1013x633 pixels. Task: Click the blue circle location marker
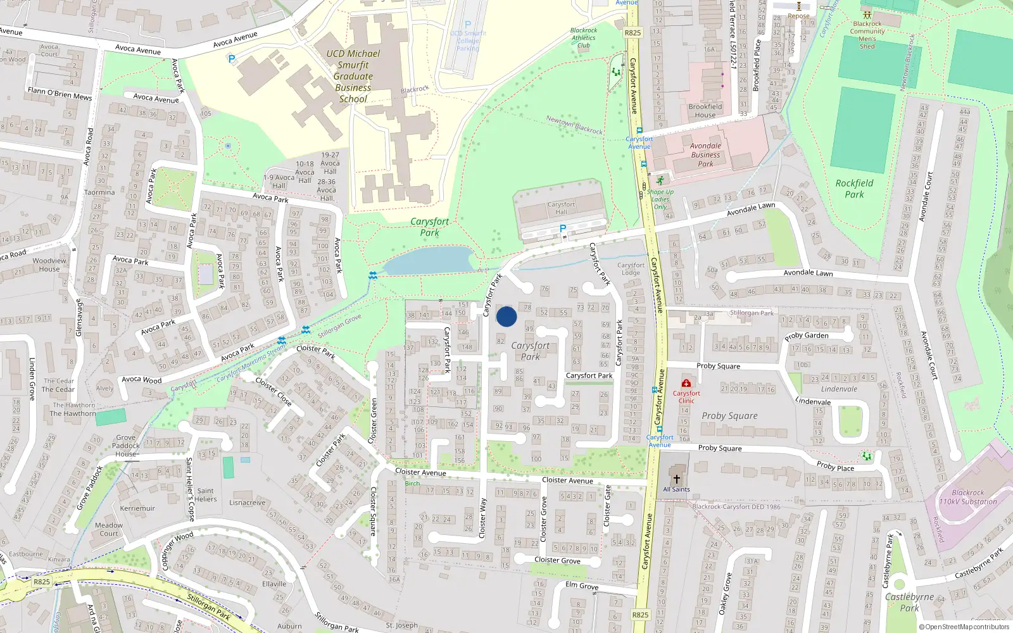pyautogui.click(x=507, y=316)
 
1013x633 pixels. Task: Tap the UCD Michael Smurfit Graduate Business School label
pyautogui.click(x=353, y=76)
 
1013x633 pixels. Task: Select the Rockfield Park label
pyautogui.click(x=854, y=189)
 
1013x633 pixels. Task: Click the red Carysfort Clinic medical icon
pyautogui.click(x=686, y=383)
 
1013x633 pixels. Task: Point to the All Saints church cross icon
pyautogui.click(x=676, y=479)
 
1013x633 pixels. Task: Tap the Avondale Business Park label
pyautogui.click(x=705, y=154)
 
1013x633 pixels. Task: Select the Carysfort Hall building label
pyautogui.click(x=561, y=208)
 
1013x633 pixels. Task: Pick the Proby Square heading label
pyautogui.click(x=729, y=416)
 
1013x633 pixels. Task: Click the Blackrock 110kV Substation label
pyautogui.click(x=967, y=497)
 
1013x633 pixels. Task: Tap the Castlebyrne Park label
pyautogui.click(x=909, y=602)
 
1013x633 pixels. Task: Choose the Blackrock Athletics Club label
pyautogui.click(x=583, y=37)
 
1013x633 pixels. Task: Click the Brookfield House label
pyautogui.click(x=705, y=111)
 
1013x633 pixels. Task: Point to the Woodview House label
pyautogui.click(x=49, y=265)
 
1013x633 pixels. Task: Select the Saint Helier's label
pyautogui.click(x=205, y=494)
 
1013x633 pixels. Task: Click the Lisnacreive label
pyautogui.click(x=247, y=503)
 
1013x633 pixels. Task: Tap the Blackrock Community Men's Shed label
pyautogui.click(x=867, y=35)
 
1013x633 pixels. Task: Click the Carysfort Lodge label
pyautogui.click(x=631, y=269)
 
